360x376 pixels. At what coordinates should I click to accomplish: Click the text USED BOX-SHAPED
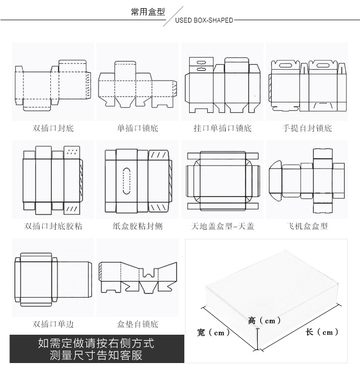pos(204,21)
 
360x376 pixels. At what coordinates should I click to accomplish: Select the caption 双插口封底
pos(53,128)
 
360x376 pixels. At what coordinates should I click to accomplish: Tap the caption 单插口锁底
pos(137,128)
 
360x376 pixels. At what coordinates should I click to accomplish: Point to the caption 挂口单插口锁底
pos(222,128)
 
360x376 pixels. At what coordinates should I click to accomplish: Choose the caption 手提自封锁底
pos(307,128)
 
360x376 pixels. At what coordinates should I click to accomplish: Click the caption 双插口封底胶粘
pos(53,226)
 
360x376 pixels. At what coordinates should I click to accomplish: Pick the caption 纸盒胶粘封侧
pos(137,226)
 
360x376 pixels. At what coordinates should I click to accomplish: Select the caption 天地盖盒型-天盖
pos(222,226)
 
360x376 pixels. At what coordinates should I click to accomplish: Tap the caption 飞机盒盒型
pos(307,226)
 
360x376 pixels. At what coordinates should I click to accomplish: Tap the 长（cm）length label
pos(322,332)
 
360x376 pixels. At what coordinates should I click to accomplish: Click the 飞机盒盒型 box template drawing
pos(307,180)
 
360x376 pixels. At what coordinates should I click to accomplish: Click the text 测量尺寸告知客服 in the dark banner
pos(96,356)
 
